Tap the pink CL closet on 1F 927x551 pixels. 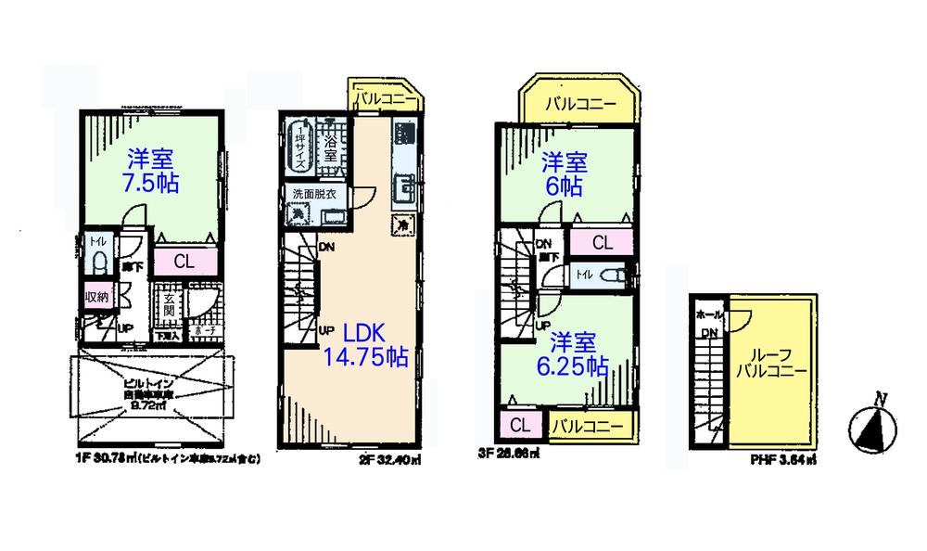click(x=184, y=262)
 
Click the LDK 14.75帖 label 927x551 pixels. click(x=366, y=344)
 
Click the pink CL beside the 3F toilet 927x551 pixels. click(x=602, y=243)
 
